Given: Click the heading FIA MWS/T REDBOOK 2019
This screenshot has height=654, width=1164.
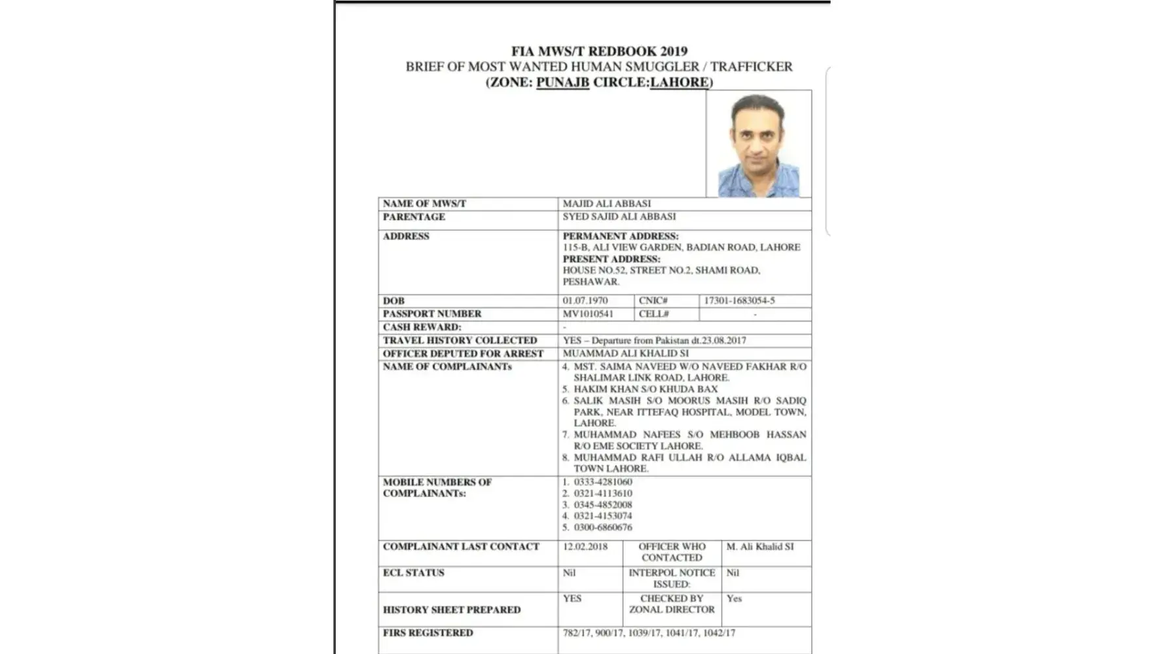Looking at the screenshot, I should point(599,51).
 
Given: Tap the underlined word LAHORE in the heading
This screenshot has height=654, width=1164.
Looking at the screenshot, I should point(679,82).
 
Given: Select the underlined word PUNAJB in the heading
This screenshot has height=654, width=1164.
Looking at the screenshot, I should point(562,82).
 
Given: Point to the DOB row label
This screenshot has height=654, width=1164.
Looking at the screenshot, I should point(393,301).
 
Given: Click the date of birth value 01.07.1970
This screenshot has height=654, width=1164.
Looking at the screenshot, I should point(585,301).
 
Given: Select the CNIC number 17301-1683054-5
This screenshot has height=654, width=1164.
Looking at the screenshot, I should point(739,301).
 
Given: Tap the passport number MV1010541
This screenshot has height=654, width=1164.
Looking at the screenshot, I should point(588,314).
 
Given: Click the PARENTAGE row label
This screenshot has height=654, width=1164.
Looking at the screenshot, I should point(414,217).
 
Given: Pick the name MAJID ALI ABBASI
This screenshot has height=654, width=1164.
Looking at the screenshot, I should point(607,204).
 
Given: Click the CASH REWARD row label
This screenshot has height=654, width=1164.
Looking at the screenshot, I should point(422,327).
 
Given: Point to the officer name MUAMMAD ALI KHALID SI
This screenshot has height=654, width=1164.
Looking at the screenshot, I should point(626,354).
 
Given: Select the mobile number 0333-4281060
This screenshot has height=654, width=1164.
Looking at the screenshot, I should point(603,482).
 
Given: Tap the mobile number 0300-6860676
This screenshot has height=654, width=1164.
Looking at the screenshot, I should point(603,527).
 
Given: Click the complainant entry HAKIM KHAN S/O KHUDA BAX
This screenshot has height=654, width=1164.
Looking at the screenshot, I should point(646,389).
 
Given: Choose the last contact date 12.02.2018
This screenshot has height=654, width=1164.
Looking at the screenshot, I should point(585,547).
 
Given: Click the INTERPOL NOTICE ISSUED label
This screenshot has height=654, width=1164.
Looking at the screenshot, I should point(672,578).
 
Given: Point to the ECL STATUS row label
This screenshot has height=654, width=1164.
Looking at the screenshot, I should point(414,573).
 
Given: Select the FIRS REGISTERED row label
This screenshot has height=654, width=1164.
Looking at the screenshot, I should point(427,633).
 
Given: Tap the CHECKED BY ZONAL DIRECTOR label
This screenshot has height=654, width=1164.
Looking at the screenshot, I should point(672,604).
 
